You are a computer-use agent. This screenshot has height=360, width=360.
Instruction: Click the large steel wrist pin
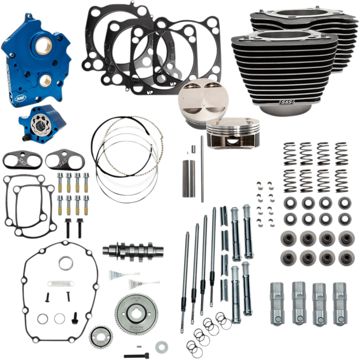(x=188, y=177)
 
